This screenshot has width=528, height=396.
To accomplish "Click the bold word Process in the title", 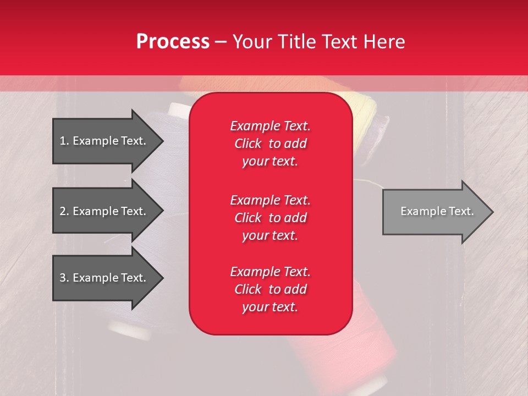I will point(173,42).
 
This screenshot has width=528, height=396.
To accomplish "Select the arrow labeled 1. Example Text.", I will point(105,141).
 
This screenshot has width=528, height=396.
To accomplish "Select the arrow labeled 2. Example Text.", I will point(105,211).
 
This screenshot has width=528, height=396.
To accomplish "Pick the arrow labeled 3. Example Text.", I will point(105,278).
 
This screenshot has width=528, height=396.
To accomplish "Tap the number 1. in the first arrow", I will point(64,141).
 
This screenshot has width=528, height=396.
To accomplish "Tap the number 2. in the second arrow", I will point(64,211).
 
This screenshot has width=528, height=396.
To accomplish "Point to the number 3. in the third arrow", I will point(64,278).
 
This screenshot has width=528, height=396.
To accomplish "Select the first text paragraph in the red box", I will point(270,144).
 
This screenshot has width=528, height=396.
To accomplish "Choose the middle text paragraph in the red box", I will point(270,217).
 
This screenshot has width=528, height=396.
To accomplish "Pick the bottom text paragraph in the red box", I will point(270,289).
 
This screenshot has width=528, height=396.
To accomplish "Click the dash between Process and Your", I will point(221,42).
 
